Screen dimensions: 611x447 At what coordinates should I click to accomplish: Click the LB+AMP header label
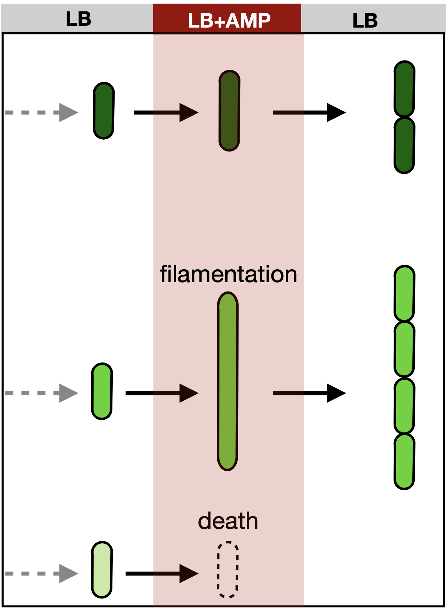pos(229,20)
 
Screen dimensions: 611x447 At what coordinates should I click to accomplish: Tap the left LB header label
pos(78,19)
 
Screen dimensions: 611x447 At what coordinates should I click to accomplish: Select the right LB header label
pos(365,21)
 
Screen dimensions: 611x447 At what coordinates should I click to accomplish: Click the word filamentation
pos(229,274)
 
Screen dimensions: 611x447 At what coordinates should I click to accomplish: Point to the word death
pos(228,521)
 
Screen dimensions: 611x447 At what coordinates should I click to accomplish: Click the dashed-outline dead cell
pos(228,569)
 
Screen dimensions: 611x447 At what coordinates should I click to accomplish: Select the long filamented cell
pos(227,381)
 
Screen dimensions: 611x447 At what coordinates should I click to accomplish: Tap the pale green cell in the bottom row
pos(102,569)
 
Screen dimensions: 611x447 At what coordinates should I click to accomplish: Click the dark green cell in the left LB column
pos(104,111)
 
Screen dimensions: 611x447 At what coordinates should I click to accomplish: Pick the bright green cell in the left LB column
pos(102,391)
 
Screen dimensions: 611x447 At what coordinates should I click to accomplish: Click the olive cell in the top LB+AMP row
pos(229,111)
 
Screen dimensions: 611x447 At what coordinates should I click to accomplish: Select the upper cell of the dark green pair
pos(404,89)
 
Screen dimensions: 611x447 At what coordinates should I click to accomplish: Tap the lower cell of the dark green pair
pos(404,145)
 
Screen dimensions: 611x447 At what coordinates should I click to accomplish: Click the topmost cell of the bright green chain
pos(404,293)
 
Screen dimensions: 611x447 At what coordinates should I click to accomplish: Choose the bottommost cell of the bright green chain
pos(404,462)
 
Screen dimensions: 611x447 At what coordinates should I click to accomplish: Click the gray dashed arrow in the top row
pos(42,112)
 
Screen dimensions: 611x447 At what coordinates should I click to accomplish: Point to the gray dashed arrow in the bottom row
pos(42,573)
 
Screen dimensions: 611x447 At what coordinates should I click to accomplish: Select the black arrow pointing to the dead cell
pos(162,573)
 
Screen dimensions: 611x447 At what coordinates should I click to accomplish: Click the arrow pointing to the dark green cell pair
pos(309,112)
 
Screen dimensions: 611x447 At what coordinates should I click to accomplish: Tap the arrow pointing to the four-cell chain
pos(309,393)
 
